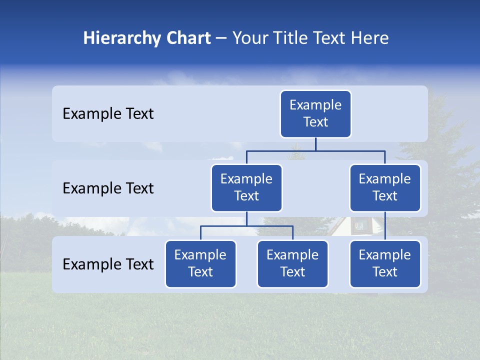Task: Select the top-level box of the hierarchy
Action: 315,114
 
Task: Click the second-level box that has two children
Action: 246,188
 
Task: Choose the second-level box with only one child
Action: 385,188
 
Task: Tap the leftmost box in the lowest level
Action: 200,264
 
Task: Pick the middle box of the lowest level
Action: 292,264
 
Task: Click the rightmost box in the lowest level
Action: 385,264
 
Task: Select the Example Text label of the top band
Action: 108,114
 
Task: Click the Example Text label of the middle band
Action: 108,188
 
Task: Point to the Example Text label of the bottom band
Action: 108,264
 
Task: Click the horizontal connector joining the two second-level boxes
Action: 315,150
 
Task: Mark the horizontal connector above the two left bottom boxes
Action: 246,226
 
